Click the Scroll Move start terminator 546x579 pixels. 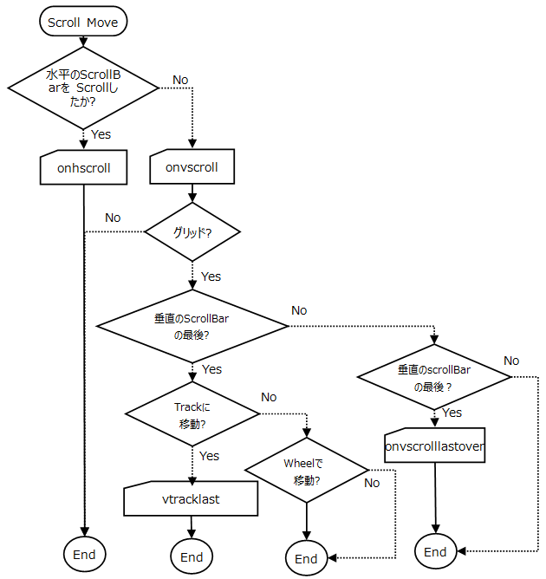83,23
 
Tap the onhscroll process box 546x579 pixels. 83,168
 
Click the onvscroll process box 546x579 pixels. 192,168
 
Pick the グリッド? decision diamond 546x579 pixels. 192,232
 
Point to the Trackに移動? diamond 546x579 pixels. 192,415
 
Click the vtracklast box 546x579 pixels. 192,498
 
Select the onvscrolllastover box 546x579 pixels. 434,447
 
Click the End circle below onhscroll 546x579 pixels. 83,554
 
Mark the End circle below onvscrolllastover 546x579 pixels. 435,552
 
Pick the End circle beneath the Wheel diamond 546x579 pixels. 307,558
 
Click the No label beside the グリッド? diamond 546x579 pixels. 113,218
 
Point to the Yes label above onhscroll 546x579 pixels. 101,134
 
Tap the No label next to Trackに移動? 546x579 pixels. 269,397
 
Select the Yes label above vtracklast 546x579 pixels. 209,456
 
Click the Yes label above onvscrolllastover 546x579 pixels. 452,413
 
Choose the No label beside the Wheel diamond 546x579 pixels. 372,483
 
